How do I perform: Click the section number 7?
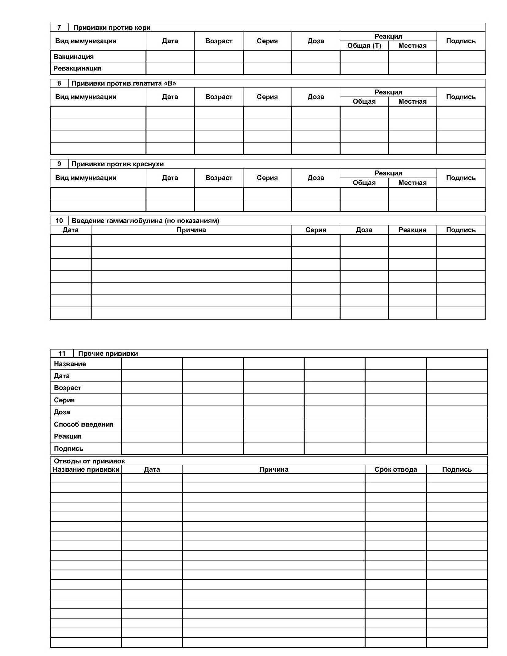click(59, 28)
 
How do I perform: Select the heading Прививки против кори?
click(112, 28)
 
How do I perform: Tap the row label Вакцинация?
click(73, 56)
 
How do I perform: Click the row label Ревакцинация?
click(77, 68)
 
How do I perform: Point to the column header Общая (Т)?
click(364, 46)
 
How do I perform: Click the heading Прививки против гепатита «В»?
click(124, 83)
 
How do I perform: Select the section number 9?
click(59, 164)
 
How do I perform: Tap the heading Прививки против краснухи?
click(118, 164)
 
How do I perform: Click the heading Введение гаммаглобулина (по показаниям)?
click(145, 221)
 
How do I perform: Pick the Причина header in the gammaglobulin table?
click(191, 230)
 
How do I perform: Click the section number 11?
click(62, 354)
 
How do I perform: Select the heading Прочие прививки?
click(108, 354)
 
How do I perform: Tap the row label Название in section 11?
click(70, 364)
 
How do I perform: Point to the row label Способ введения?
click(83, 424)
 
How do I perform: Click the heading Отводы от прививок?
click(89, 461)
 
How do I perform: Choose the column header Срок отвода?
click(396, 470)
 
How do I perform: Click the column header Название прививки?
click(86, 470)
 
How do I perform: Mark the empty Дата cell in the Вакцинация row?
click(170, 56)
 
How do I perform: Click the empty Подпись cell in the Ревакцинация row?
click(461, 68)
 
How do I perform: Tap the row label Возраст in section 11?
click(68, 388)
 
